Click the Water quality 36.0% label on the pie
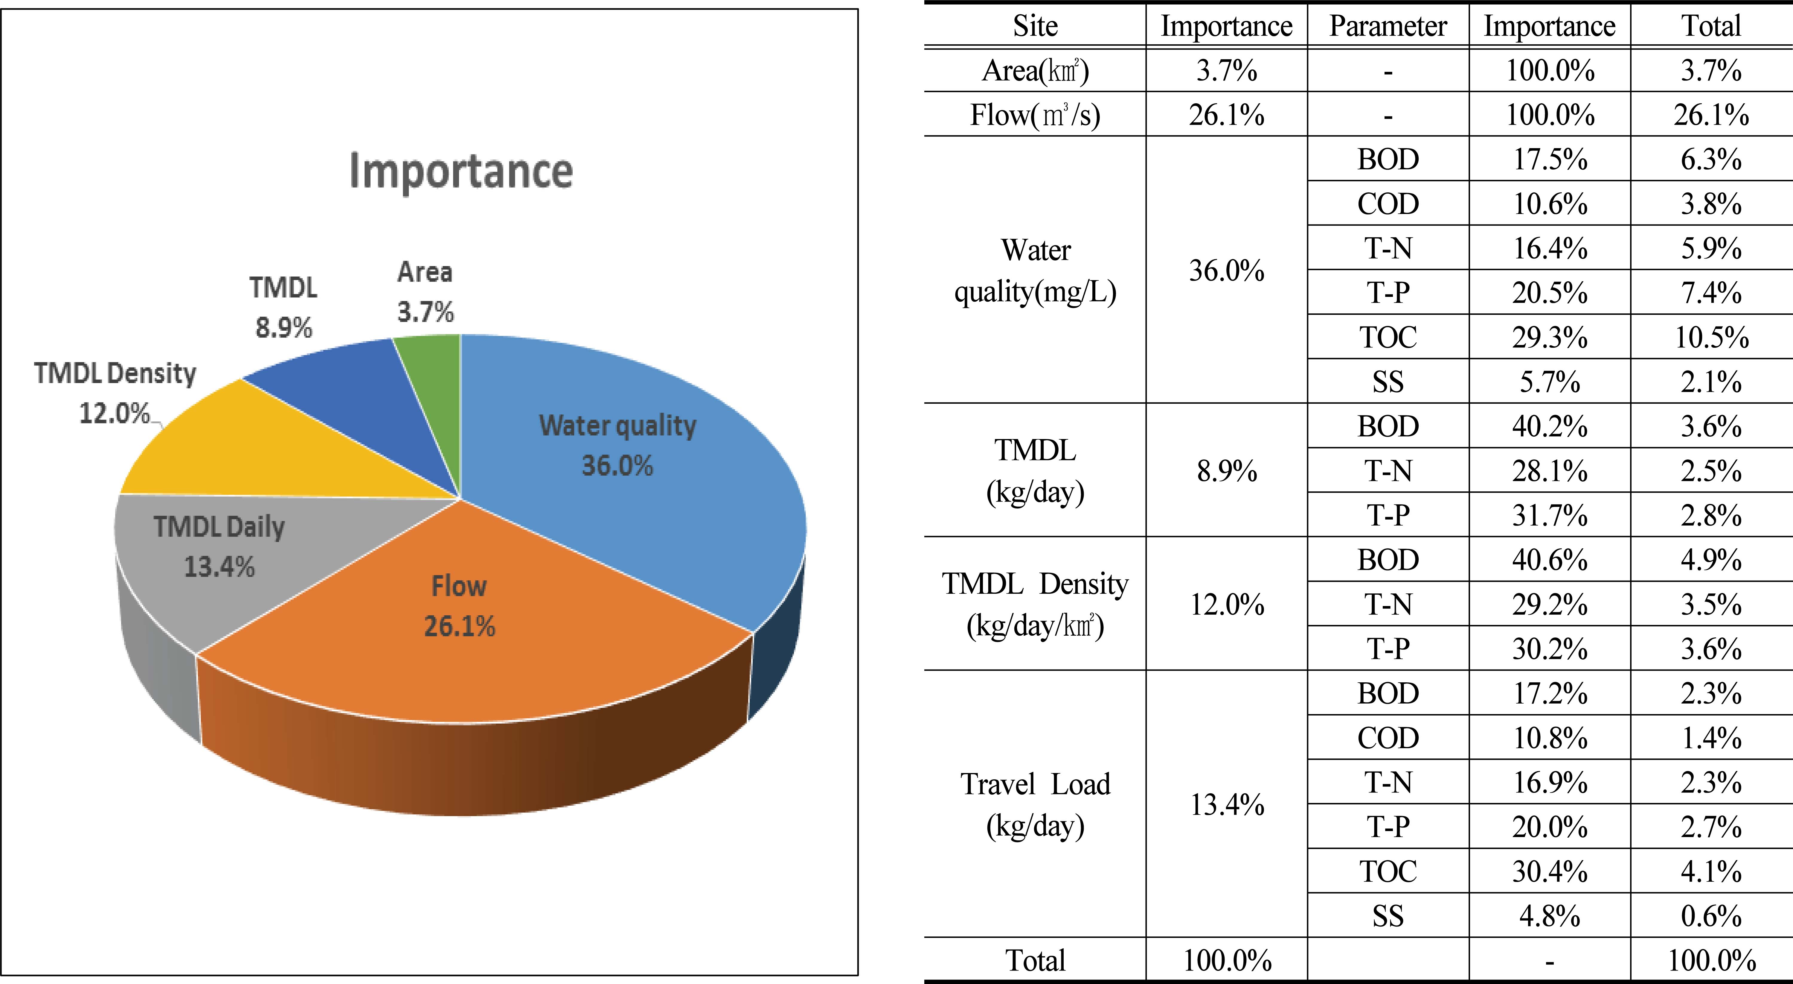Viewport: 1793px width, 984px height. [x=618, y=446]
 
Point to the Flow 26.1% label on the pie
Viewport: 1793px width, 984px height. [x=459, y=606]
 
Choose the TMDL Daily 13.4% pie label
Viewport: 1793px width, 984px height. [x=219, y=547]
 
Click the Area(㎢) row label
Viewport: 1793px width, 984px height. [x=1035, y=70]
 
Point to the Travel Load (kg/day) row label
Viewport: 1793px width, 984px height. [x=1035, y=804]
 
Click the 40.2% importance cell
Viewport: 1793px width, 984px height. [x=1549, y=426]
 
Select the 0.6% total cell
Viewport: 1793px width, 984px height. [x=1711, y=916]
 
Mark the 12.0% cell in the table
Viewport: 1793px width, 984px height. [x=1226, y=604]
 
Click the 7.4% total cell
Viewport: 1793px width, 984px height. [x=1711, y=292]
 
